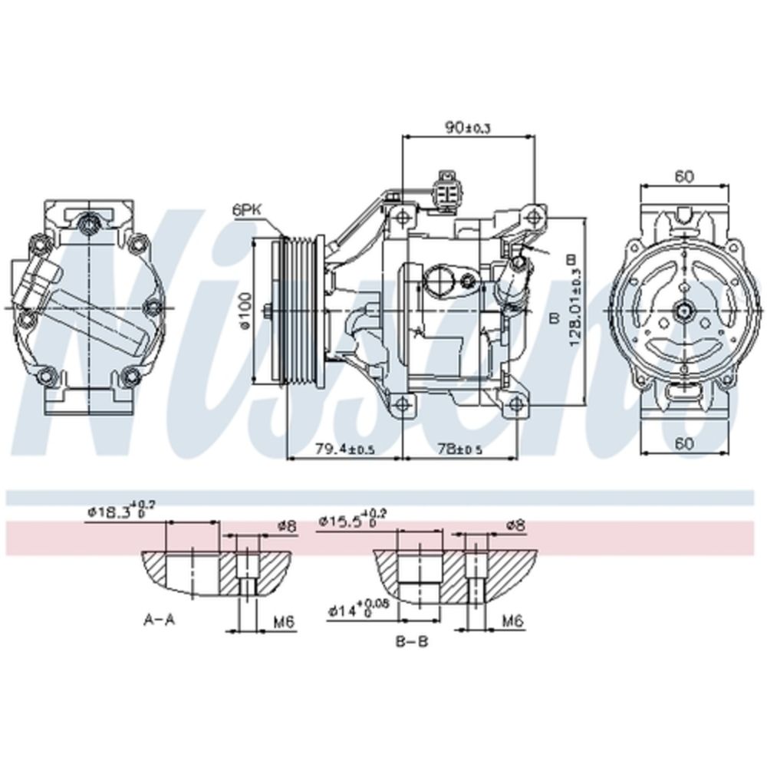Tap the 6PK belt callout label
tap(247, 207)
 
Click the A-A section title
tap(160, 620)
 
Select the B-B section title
tap(412, 641)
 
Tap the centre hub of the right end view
tap(682, 311)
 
